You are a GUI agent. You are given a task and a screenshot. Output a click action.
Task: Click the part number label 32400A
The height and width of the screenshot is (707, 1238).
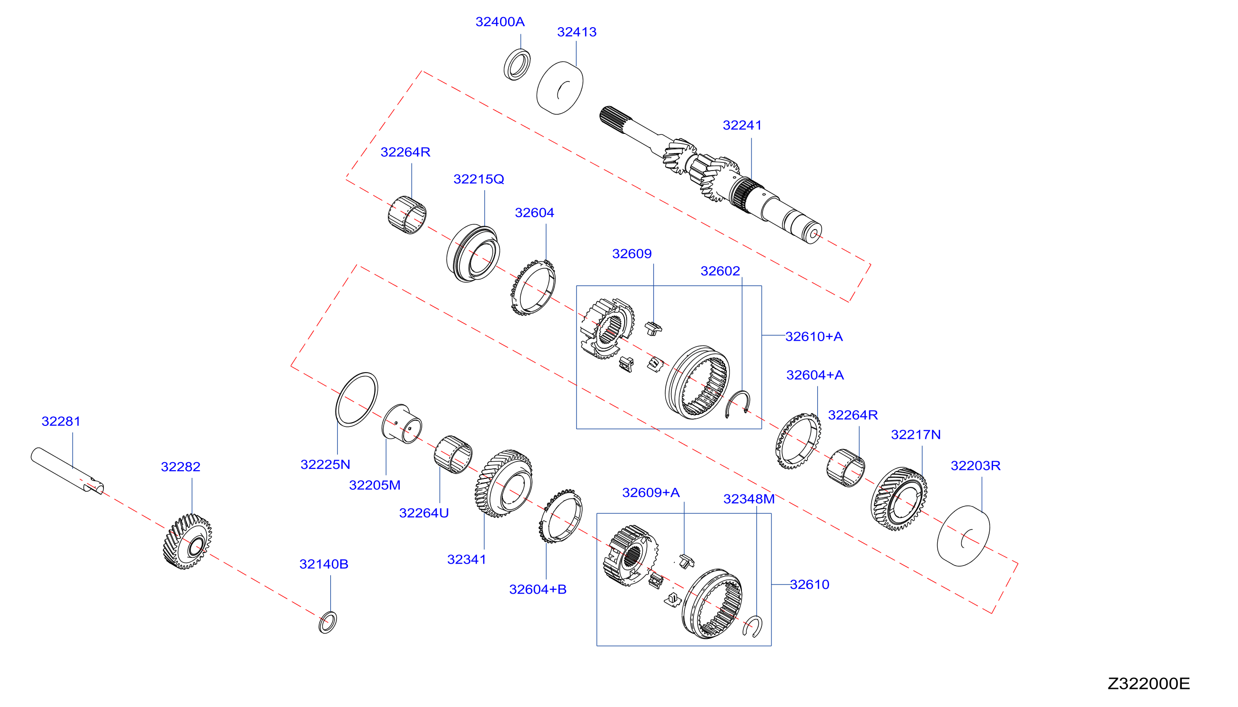[500, 22]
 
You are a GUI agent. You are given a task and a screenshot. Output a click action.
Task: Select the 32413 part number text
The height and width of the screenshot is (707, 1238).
[577, 32]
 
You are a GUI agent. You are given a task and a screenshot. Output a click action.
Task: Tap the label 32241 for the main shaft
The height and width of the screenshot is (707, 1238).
[742, 125]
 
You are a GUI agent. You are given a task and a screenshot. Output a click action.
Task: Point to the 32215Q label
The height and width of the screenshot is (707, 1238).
[478, 179]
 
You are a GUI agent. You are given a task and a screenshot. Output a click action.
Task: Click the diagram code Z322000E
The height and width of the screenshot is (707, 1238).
[1148, 684]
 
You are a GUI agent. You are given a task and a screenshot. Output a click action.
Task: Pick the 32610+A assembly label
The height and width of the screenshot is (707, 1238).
[814, 336]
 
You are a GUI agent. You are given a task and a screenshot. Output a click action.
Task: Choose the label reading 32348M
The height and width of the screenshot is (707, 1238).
[749, 499]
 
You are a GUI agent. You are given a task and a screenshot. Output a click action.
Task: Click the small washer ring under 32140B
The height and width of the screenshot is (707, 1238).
[328, 622]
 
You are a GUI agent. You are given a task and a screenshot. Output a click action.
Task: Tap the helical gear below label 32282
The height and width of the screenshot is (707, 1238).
[187, 541]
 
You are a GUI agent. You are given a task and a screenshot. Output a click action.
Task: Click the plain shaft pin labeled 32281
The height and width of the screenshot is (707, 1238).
[68, 471]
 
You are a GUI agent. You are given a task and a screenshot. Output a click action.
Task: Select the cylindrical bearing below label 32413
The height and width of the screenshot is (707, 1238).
[559, 88]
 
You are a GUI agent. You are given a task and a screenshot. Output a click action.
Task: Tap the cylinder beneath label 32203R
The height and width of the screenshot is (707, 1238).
[963, 535]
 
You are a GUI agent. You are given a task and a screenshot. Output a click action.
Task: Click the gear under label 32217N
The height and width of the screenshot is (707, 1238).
[899, 499]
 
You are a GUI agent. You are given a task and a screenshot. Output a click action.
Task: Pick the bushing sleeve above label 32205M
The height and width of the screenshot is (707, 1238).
[402, 424]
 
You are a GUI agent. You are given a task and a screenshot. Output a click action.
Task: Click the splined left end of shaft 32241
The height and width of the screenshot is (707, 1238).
[614, 117]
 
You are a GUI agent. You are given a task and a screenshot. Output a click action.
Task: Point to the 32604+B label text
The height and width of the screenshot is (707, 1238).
[538, 589]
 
